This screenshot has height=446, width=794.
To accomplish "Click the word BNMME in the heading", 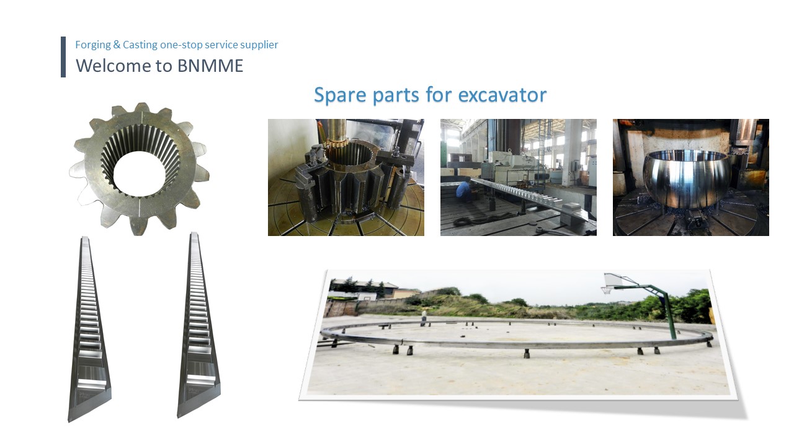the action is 210,66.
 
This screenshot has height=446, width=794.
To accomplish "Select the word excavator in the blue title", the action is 502,95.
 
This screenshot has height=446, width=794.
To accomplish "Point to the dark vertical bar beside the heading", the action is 63,56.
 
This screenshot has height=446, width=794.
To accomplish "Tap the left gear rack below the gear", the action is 89,329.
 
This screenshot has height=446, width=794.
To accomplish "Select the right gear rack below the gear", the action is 198,325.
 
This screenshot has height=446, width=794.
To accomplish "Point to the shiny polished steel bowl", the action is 687,179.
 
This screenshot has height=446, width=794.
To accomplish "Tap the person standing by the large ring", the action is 424,318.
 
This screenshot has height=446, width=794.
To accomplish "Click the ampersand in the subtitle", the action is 117,45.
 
